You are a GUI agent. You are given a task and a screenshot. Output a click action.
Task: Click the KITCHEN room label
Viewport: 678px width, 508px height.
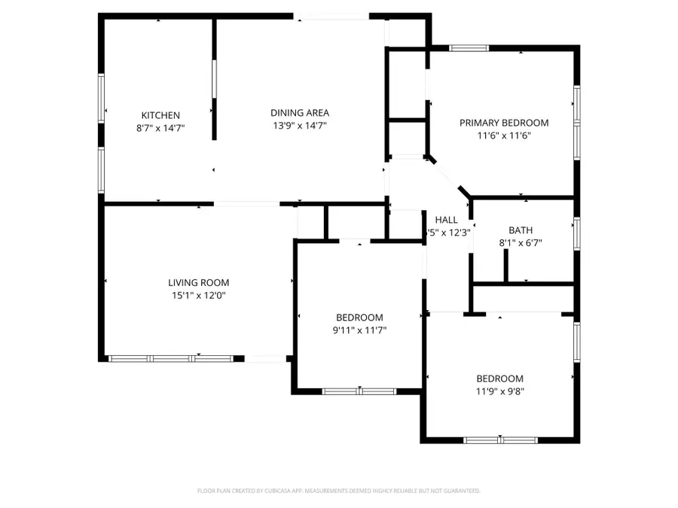160,115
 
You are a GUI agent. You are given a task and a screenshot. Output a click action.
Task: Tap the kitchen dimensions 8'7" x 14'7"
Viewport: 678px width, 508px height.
160,128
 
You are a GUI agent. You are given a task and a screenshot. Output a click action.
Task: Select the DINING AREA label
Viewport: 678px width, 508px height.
299,113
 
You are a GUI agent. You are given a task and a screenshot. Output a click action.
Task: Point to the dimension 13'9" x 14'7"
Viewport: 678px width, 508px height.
299,126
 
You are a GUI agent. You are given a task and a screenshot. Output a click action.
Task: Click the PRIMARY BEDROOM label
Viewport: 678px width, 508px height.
504,123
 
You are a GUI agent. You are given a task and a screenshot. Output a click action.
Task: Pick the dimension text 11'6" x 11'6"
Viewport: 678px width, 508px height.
504,135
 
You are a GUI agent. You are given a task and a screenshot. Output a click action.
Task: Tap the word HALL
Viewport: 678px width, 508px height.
446,220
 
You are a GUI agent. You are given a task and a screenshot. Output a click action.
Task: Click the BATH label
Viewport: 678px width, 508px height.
521,230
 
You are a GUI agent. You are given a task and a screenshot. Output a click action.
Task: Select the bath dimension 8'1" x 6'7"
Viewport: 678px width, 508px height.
521,243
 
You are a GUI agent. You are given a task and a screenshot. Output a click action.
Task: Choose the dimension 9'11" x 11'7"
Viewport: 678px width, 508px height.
359,330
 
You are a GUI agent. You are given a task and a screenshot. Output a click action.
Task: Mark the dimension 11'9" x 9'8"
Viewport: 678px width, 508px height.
499,391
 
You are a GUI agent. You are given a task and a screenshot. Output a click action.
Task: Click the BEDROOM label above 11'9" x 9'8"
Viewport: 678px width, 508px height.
499,379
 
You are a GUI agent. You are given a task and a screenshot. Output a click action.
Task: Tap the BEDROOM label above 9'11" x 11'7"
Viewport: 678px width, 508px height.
359,318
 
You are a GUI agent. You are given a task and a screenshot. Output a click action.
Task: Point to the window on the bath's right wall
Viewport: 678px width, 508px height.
576,233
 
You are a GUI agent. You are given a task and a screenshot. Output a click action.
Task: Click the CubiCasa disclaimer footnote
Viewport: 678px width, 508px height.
338,491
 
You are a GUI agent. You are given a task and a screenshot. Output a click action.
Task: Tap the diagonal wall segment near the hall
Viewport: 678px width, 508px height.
449,177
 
